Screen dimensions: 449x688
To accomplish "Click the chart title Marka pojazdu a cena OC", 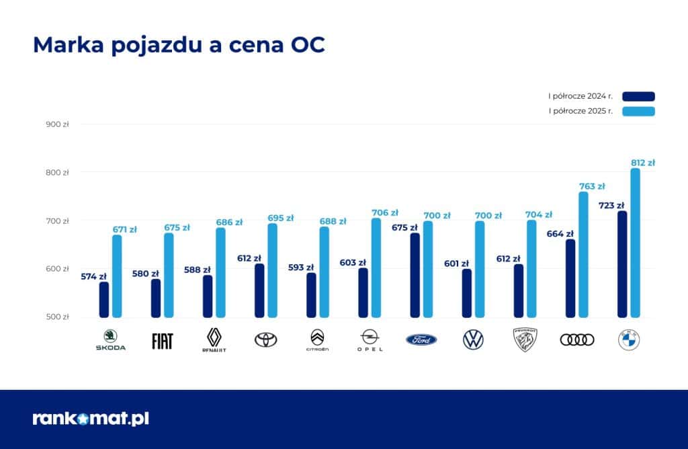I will tap(179, 45).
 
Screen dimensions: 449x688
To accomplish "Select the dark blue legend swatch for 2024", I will tap(638, 96).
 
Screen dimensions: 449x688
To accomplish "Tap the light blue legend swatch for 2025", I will tap(638, 111).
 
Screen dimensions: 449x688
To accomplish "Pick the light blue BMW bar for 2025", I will tap(635, 243).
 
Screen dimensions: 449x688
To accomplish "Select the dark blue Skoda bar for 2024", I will tap(104, 299).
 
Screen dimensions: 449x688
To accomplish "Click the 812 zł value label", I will tap(643, 162).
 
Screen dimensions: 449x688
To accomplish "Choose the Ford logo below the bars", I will tap(421, 339).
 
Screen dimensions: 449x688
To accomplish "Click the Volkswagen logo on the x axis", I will tap(473, 340).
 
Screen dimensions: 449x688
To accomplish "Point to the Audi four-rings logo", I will tap(577, 339).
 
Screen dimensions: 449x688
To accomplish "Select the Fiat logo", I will tap(162, 341).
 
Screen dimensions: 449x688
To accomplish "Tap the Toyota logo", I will tap(265, 339).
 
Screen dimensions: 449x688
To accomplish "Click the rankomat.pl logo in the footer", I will tap(91, 419).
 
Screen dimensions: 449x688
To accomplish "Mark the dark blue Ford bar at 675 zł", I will tap(415, 275).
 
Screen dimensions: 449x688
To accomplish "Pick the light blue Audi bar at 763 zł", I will tap(583, 254).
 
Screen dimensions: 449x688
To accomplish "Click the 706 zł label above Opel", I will tap(385, 213).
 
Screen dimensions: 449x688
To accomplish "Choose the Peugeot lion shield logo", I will tap(525, 339).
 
